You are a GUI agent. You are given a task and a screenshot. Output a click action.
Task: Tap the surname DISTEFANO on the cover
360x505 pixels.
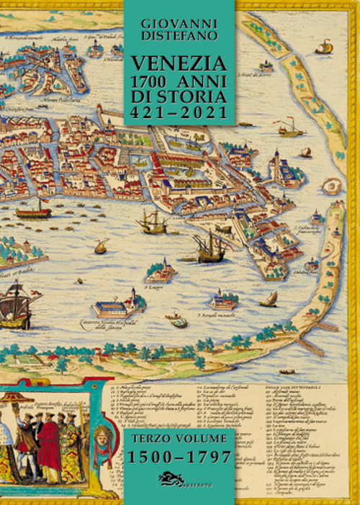[179, 35]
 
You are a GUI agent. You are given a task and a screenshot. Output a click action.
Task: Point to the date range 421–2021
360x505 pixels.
[179, 113]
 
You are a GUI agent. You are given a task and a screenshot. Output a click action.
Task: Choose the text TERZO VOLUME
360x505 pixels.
[179, 437]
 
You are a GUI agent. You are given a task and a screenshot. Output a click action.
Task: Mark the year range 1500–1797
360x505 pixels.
[179, 457]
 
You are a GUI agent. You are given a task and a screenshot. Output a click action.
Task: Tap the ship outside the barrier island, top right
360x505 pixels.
[323, 48]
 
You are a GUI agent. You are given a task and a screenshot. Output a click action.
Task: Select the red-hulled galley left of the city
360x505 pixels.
[34, 213]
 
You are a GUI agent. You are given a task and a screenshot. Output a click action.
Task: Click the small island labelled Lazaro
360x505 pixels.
[160, 272]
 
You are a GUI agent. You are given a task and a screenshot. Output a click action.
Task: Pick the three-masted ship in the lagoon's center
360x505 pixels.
[210, 247]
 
